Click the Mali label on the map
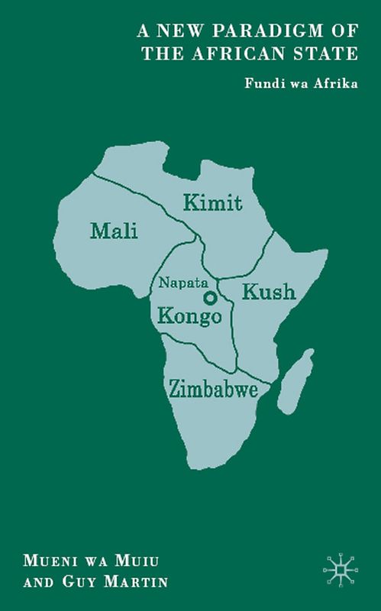pyautogui.click(x=114, y=229)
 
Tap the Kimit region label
pyautogui.click(x=213, y=202)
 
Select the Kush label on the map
pyautogui.click(x=268, y=291)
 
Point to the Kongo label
pyautogui.click(x=189, y=316)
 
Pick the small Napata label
pyautogui.click(x=180, y=283)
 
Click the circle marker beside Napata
pyautogui.click(x=209, y=297)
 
